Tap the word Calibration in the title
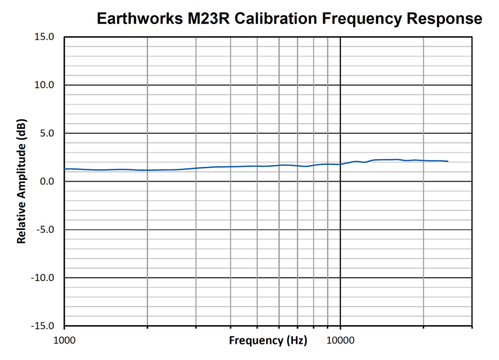(282, 18)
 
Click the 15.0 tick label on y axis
(44, 37)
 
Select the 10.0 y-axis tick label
(44, 85)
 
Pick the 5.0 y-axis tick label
(47, 134)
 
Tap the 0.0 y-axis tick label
(47, 181)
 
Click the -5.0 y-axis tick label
(45, 230)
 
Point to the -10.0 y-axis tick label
(43, 278)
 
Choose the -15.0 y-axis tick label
(43, 326)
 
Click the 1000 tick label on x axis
(65, 340)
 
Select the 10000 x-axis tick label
(340, 340)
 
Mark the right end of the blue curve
(448, 161)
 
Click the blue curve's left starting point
(65, 169)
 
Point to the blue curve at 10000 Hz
(340, 164)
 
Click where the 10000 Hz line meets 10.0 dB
(340, 85)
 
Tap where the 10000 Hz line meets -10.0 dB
(340, 278)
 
